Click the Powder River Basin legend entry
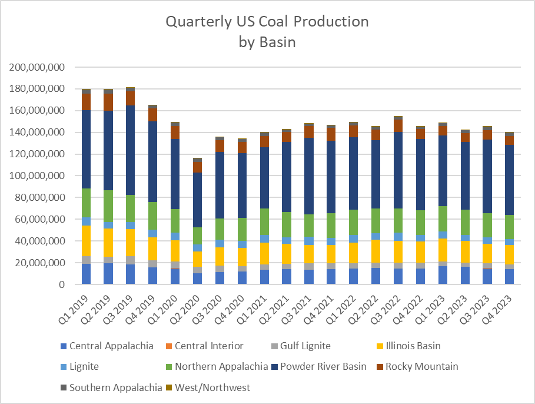(x=324, y=366)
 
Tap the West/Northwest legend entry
(x=218, y=388)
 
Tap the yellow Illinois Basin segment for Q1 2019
(x=87, y=241)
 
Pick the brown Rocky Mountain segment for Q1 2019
(x=87, y=102)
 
